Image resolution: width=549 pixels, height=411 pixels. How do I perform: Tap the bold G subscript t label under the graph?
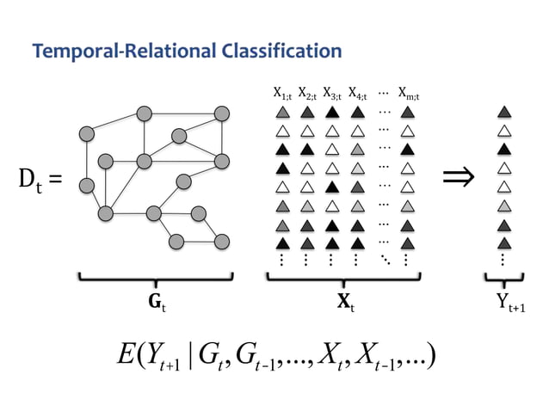(x=156, y=303)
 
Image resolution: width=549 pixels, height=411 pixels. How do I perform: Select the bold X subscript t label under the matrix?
(x=345, y=303)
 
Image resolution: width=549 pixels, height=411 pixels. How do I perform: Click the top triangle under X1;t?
(x=281, y=112)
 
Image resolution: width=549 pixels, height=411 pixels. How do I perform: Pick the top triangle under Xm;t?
(x=408, y=112)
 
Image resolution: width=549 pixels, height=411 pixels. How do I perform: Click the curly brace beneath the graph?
(x=156, y=278)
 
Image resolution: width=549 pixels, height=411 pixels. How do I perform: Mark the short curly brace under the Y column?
(x=504, y=278)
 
